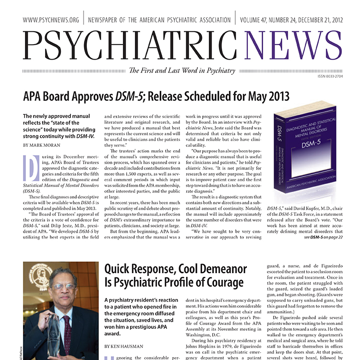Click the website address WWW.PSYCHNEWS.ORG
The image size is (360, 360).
click(x=50, y=21)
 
